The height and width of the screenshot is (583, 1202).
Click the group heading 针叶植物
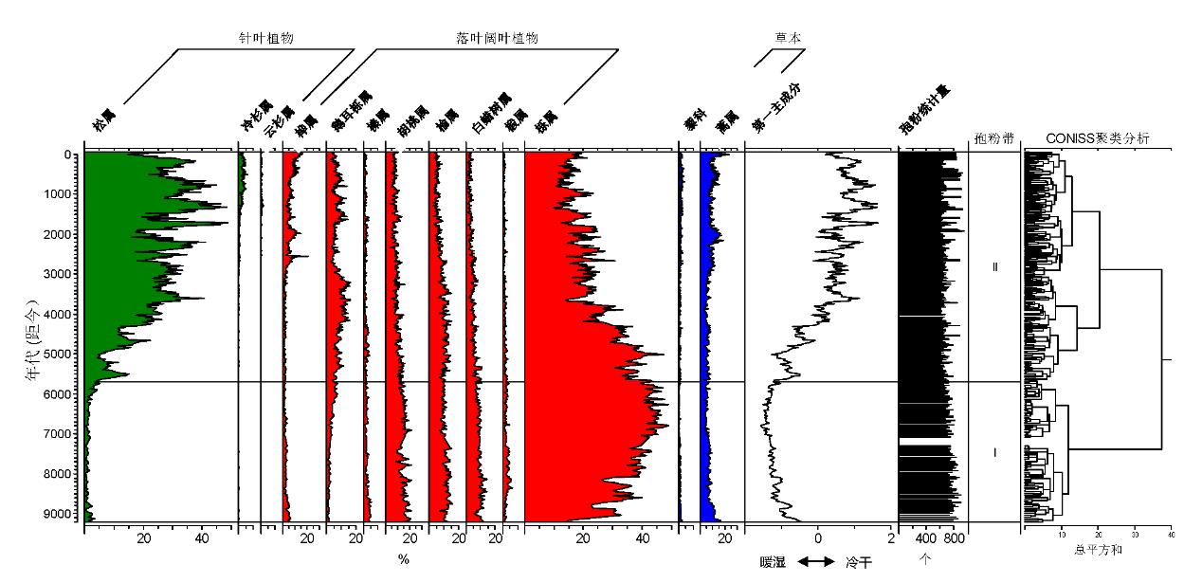pyautogui.click(x=265, y=38)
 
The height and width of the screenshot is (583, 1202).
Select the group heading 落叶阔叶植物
pyautogui.click(x=498, y=38)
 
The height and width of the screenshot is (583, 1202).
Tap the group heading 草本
pyautogui.click(x=788, y=38)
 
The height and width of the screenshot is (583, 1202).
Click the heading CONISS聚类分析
pyautogui.click(x=1097, y=139)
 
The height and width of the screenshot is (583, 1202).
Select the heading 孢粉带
pyautogui.click(x=994, y=139)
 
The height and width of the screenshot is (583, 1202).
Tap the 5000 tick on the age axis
pyautogui.click(x=58, y=355)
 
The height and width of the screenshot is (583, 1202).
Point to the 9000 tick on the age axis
pyautogui.click(x=58, y=514)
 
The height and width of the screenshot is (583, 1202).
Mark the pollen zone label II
pyautogui.click(x=994, y=267)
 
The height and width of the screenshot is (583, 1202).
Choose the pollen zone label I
pyautogui.click(x=994, y=453)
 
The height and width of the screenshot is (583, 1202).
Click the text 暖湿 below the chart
pyautogui.click(x=774, y=562)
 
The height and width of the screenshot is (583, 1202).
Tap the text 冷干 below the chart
pyautogui.click(x=858, y=562)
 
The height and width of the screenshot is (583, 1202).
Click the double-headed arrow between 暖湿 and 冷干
pyautogui.click(x=816, y=562)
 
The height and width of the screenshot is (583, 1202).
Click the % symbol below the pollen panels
pyautogui.click(x=404, y=560)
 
